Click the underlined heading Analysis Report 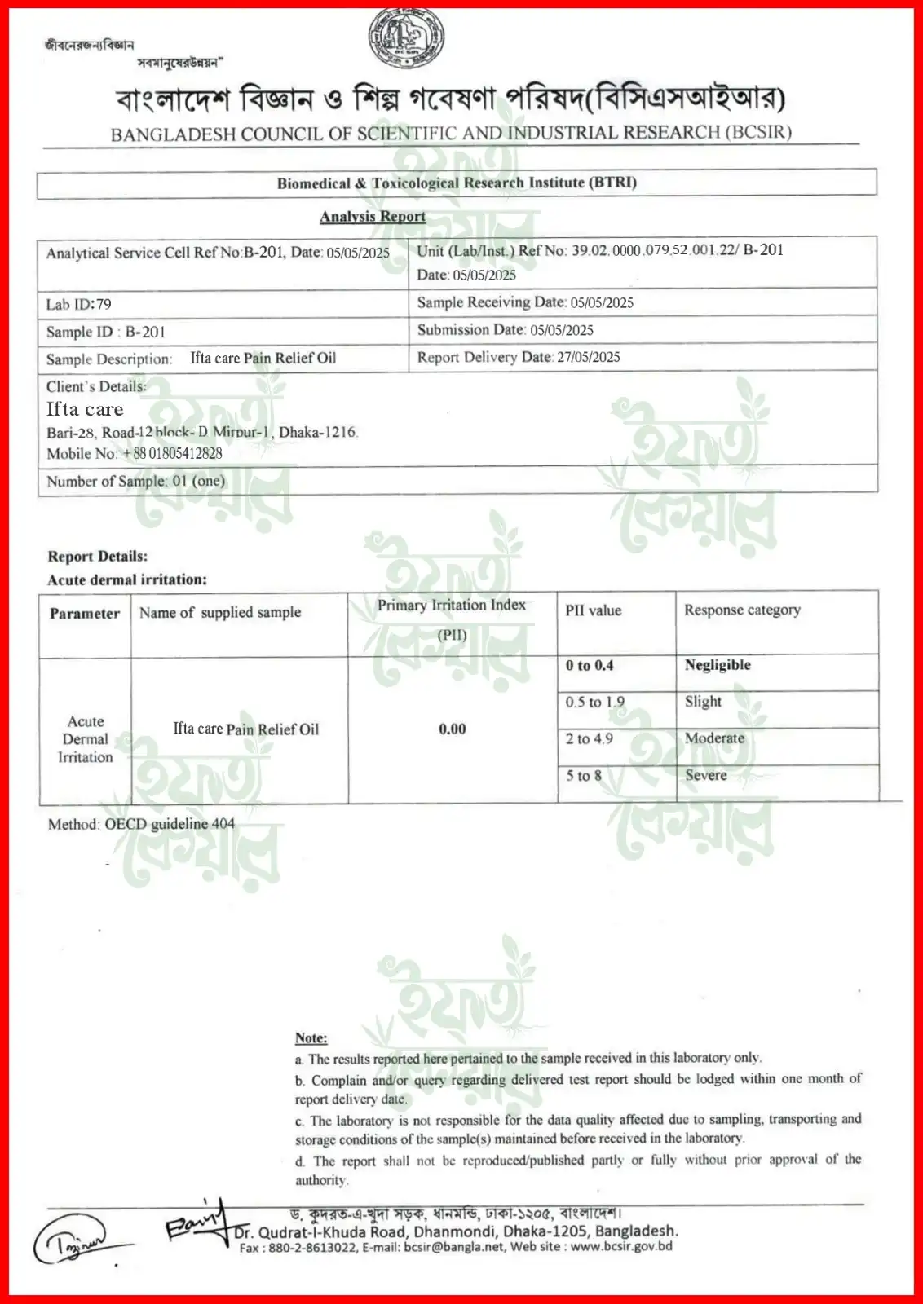373,216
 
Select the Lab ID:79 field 79,304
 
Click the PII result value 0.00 453,729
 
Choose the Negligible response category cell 718,665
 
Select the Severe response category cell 706,775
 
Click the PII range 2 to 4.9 590,738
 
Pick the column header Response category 742,610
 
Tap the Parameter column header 85,614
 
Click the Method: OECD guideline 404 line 141,824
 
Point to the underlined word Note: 311,1037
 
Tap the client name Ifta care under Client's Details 85,409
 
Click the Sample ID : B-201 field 106,332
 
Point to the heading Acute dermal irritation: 127,579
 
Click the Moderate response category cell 714,738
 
